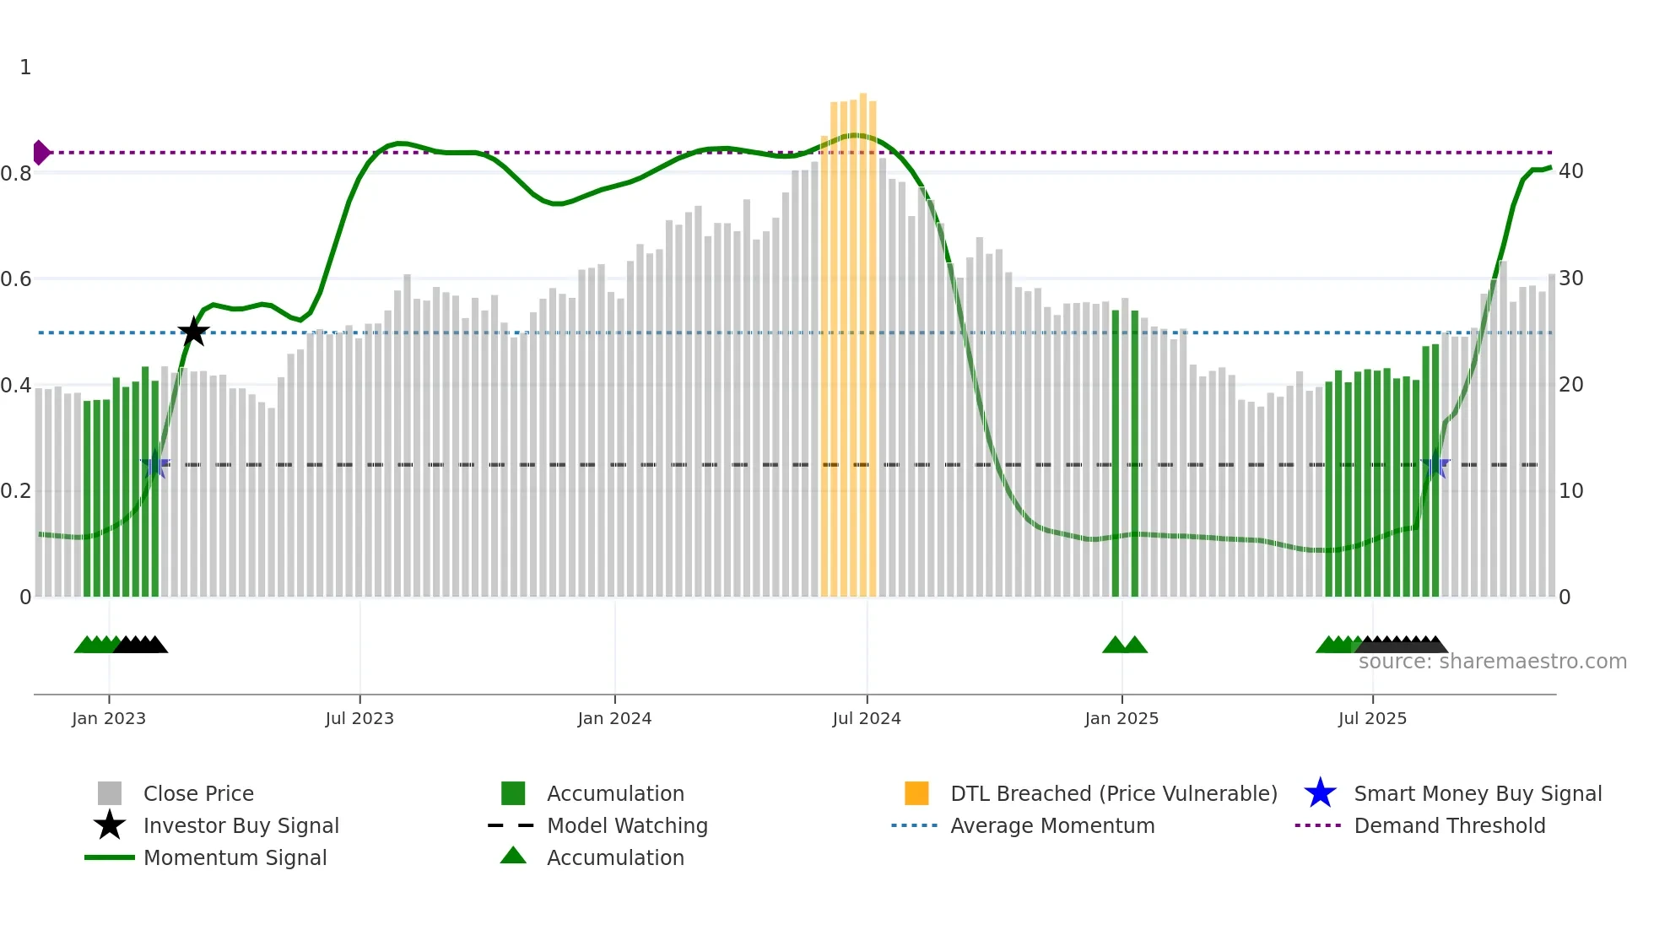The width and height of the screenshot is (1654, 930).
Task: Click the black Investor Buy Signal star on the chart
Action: (x=193, y=332)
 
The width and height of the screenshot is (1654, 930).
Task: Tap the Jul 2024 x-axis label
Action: (x=867, y=718)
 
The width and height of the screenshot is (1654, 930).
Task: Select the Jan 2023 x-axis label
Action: (x=109, y=718)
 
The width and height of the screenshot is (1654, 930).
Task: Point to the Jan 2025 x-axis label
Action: (x=1122, y=718)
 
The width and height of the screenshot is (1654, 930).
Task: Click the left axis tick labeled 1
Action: (x=25, y=68)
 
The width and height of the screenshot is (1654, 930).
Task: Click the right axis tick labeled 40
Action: (x=1570, y=171)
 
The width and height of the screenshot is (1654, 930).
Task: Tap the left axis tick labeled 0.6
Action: (x=16, y=279)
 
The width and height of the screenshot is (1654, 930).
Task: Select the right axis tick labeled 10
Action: (x=1570, y=491)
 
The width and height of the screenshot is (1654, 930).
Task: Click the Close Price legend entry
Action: (x=198, y=793)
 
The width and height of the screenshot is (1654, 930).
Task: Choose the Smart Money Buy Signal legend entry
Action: (x=1477, y=793)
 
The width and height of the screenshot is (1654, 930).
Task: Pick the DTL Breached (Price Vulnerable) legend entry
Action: (x=1113, y=793)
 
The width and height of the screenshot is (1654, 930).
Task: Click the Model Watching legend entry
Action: (x=627, y=825)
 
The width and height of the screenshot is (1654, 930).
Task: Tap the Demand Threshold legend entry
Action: (x=1449, y=825)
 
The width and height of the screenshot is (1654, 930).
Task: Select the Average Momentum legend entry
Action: (x=1051, y=825)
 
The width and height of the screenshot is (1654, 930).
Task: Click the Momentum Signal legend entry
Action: (x=235, y=857)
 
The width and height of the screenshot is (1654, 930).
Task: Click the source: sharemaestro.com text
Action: (x=1492, y=662)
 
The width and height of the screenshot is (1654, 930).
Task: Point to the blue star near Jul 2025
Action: (x=1435, y=465)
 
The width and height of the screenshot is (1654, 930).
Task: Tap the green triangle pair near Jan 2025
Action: (x=1125, y=646)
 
